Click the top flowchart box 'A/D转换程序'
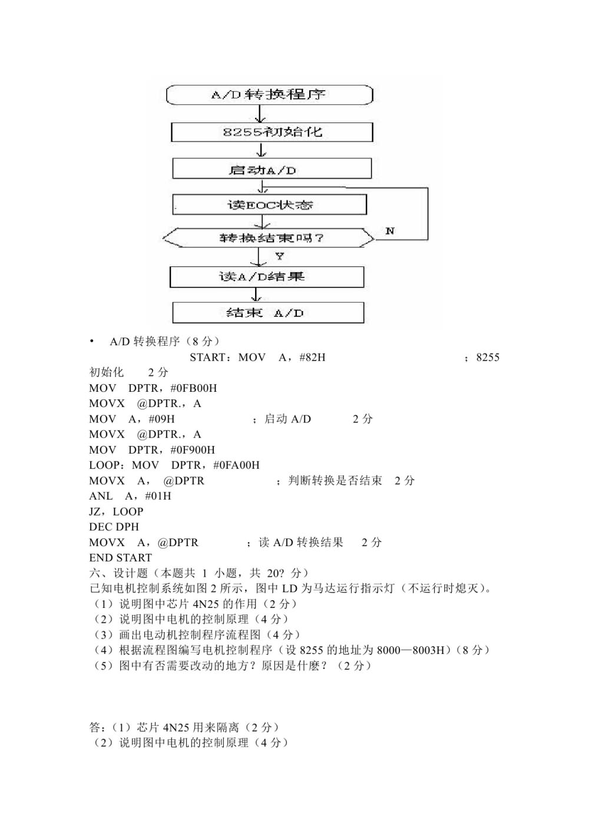point(270,95)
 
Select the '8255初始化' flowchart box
point(272,132)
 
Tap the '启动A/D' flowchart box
point(272,169)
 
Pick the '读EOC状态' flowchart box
point(270,204)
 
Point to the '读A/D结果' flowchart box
point(267,277)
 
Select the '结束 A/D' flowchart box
point(268,313)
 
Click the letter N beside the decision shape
point(390,231)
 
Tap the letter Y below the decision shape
point(280,256)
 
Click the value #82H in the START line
point(312,357)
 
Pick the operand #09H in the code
point(161,419)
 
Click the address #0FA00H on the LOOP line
point(236,465)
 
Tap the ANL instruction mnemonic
point(101,496)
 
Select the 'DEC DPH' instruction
point(114,527)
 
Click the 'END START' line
point(121,557)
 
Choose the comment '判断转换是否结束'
point(335,481)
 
